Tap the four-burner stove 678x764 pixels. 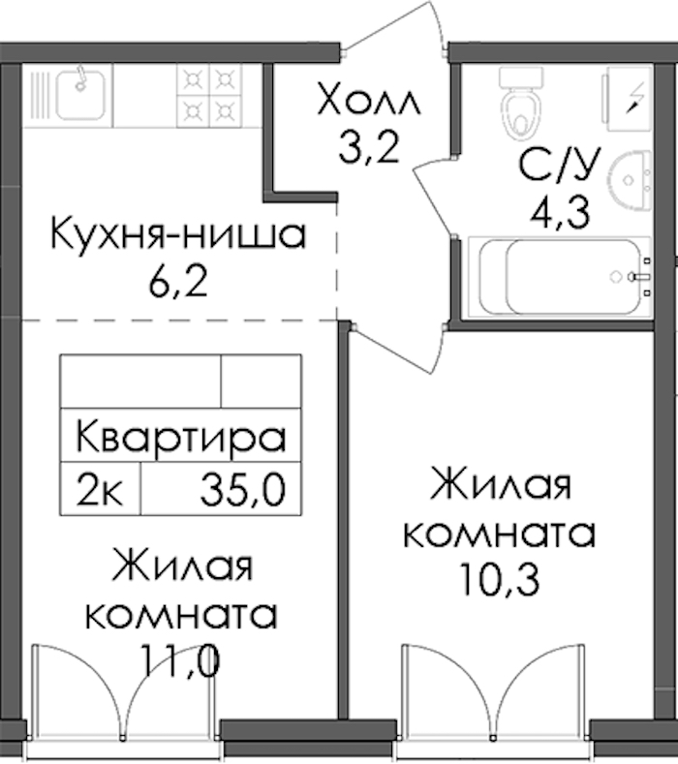pyautogui.click(x=209, y=96)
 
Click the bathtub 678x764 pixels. pyautogui.click(x=560, y=276)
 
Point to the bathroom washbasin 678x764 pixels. pyautogui.click(x=631, y=181)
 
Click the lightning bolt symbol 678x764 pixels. pyautogui.click(x=634, y=98)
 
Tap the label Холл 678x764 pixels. pyautogui.click(x=368, y=100)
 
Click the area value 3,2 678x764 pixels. pyautogui.click(x=369, y=147)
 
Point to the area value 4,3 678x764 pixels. pyautogui.click(x=560, y=212)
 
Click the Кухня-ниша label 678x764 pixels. pyautogui.click(x=178, y=234)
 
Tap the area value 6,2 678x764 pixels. pyautogui.click(x=178, y=282)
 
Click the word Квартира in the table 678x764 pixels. pyautogui.click(x=180, y=437)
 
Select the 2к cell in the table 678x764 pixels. pyautogui.click(x=100, y=489)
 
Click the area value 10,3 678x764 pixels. pyautogui.click(x=499, y=579)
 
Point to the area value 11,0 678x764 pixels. pyautogui.click(x=179, y=660)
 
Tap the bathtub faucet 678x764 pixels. pyautogui.click(x=636, y=277)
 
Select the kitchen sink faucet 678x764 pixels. pyautogui.click(x=82, y=78)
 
